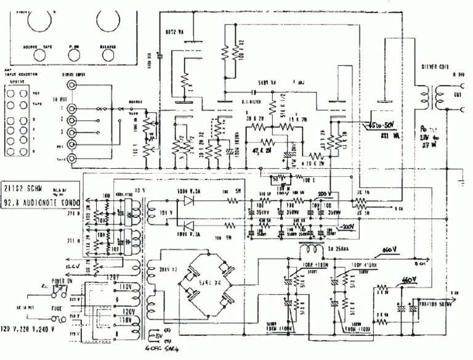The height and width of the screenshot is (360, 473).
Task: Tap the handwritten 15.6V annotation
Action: pos(73,266)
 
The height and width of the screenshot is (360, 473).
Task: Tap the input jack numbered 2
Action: pos(74,120)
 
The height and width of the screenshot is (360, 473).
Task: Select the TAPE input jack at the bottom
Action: pos(74,158)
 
